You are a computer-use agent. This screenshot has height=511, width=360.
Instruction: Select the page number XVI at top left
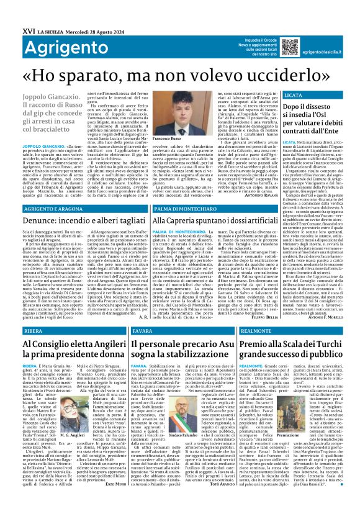coord(11,13)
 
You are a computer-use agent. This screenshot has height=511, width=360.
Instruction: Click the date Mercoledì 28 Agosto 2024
coord(94,13)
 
